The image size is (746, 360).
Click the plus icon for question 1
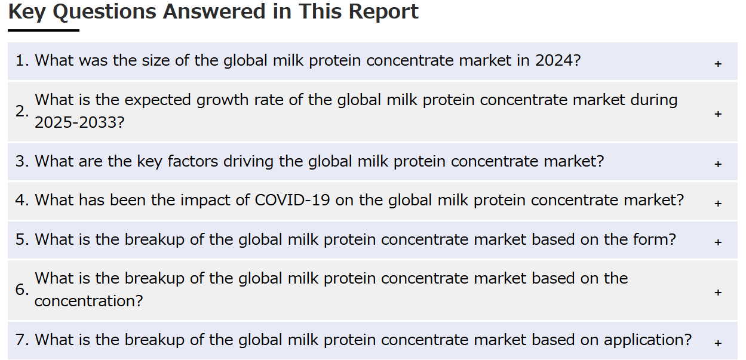[x=718, y=64]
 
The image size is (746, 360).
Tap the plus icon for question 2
[x=718, y=114]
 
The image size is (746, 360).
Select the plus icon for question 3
[x=718, y=164]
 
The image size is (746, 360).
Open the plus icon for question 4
[x=718, y=203]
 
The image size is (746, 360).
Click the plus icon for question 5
[x=718, y=242]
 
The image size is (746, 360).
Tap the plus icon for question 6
[x=718, y=293]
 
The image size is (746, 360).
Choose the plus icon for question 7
[x=718, y=343]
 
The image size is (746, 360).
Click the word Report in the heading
[x=383, y=13]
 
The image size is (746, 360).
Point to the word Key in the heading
[x=27, y=13]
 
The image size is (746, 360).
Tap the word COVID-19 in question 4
[x=292, y=200]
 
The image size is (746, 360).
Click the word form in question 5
[x=651, y=239]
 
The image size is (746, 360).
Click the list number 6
[x=22, y=290]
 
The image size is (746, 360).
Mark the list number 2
[x=22, y=111]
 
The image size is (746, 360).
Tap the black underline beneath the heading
[x=44, y=30]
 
